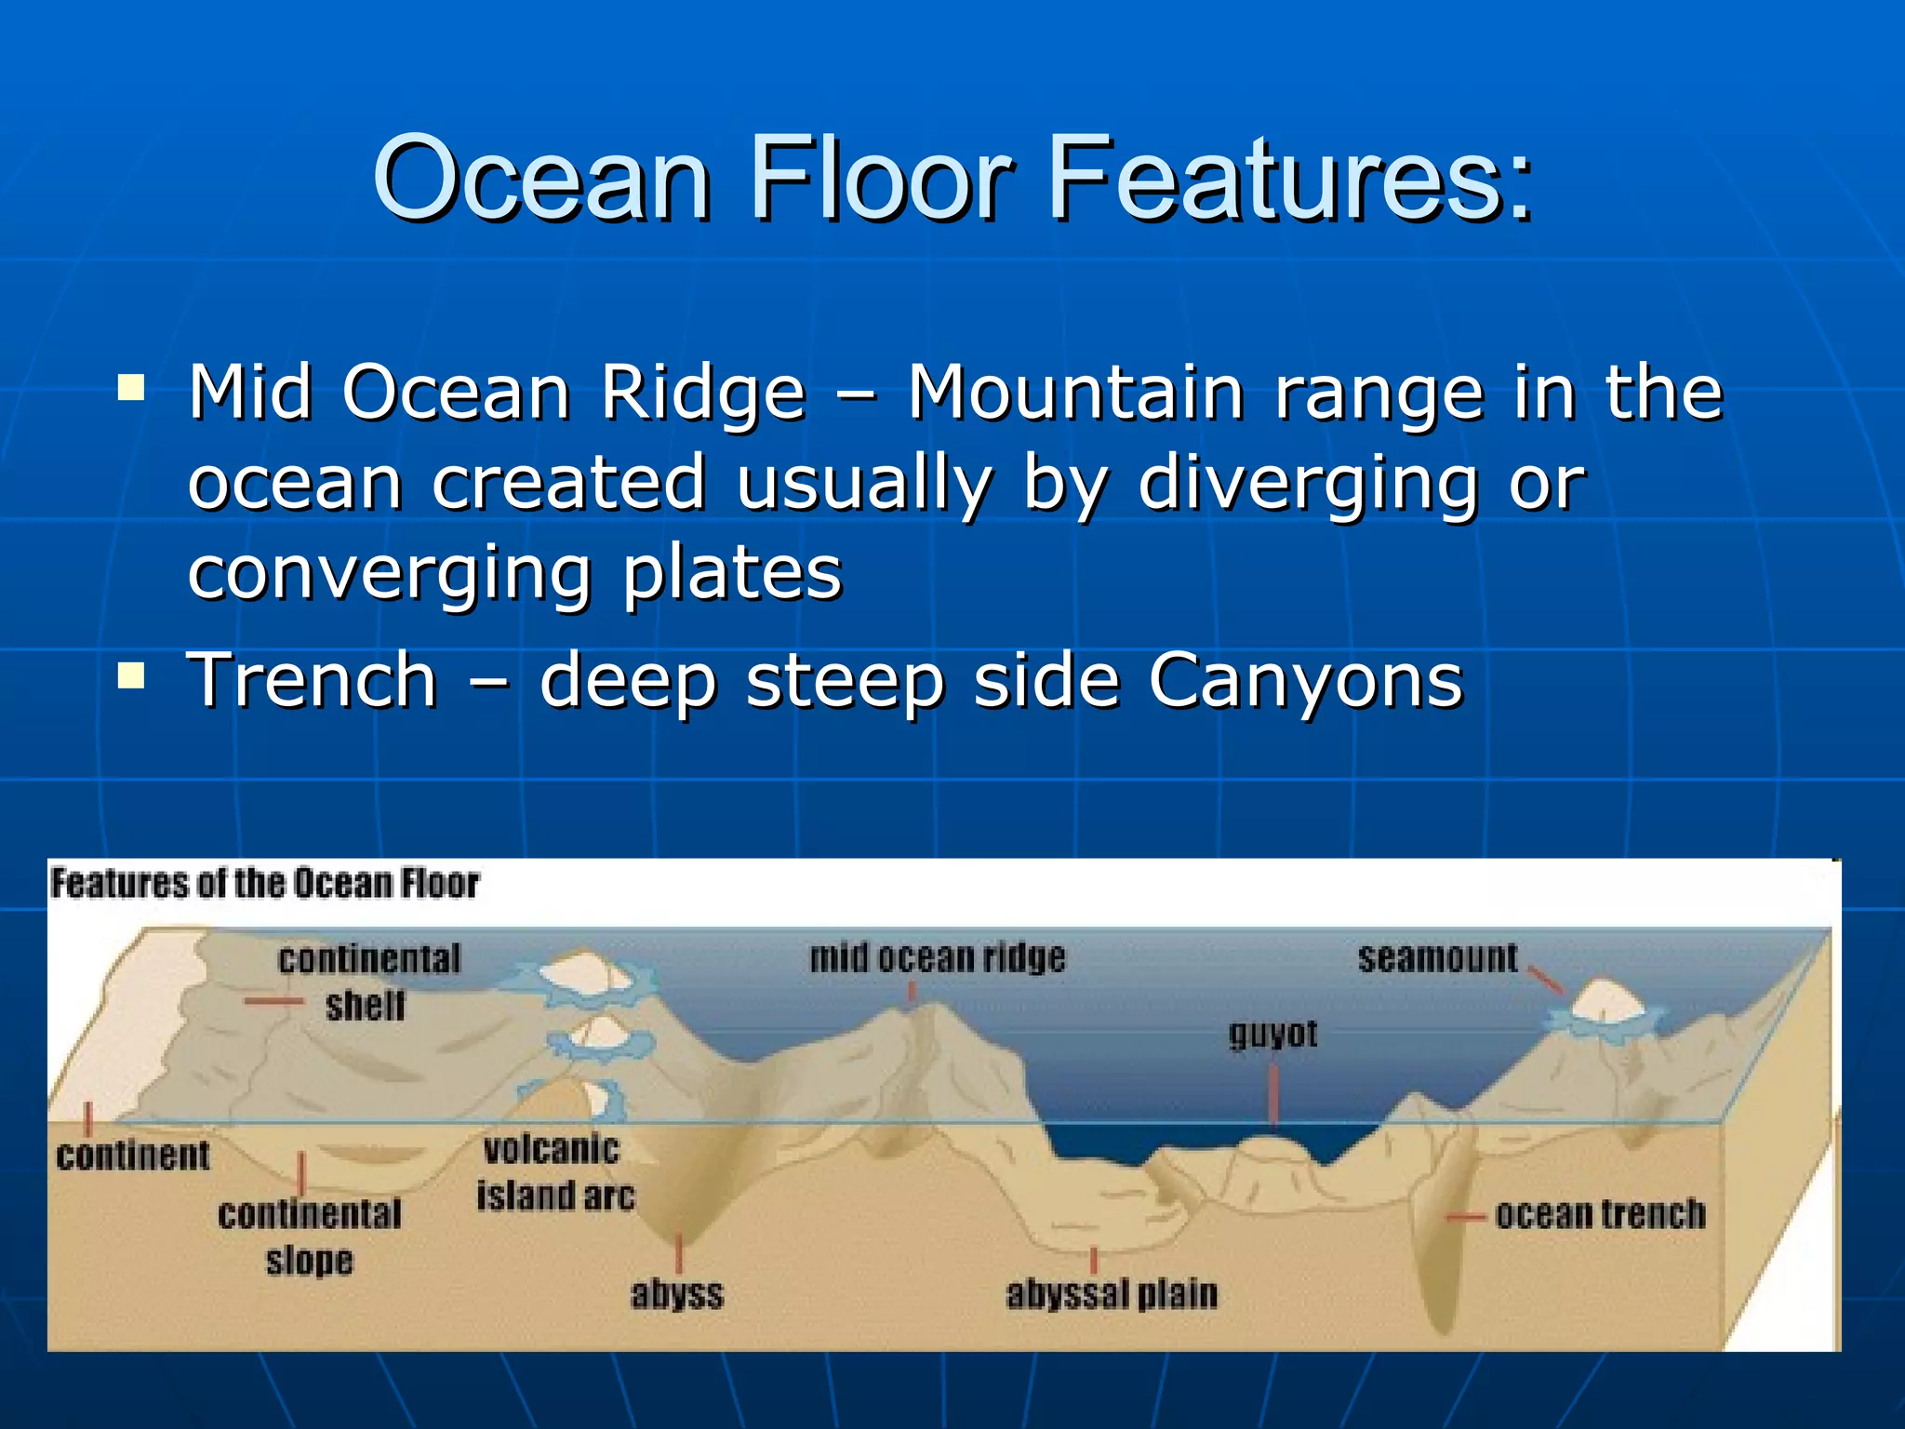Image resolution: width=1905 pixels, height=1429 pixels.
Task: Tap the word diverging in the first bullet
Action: point(1307,482)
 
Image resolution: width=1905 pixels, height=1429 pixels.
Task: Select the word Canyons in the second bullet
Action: point(1305,679)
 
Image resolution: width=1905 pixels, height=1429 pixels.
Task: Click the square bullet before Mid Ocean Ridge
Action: point(131,386)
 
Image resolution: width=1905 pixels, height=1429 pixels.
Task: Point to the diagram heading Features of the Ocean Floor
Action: point(264,883)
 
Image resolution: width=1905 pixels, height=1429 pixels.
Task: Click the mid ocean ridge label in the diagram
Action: point(937,957)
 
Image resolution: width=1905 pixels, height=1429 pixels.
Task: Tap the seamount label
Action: point(1437,957)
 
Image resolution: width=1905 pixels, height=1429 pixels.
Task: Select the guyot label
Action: point(1272,1034)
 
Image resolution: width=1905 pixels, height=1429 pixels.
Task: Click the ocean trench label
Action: point(1600,1214)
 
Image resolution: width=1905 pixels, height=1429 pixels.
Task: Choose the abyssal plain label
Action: point(1111,1294)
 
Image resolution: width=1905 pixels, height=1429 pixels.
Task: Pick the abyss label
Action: point(676,1294)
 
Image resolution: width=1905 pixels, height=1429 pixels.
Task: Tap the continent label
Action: point(133,1155)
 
